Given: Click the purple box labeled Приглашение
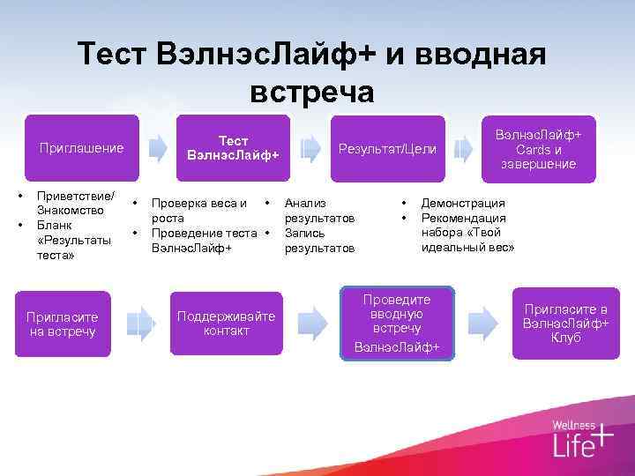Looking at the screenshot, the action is coord(81,147).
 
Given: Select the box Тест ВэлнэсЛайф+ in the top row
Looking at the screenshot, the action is coord(233,147).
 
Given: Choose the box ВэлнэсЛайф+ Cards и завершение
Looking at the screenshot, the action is coord(538,147).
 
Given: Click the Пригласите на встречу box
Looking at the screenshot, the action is coord(63,324).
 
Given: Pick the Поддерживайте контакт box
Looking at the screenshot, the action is coord(226,324).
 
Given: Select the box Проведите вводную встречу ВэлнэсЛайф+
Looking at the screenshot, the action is coord(397,324).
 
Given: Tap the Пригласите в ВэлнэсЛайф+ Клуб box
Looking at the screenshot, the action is coord(565,324).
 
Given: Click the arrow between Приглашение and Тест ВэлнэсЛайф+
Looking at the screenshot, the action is coord(155,147).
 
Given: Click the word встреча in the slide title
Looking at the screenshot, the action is coord(312,91).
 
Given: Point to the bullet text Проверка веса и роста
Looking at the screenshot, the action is coord(198,210).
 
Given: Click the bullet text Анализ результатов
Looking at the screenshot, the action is coord(318,210).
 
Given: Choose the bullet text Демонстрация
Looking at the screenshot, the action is coord(463,202).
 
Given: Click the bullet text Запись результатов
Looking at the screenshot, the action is coord(318,241).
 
